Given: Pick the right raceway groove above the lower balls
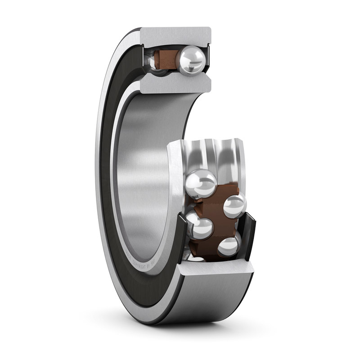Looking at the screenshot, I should pyautogui.click(x=227, y=155).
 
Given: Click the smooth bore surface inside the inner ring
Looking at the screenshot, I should pyautogui.click(x=144, y=171).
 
